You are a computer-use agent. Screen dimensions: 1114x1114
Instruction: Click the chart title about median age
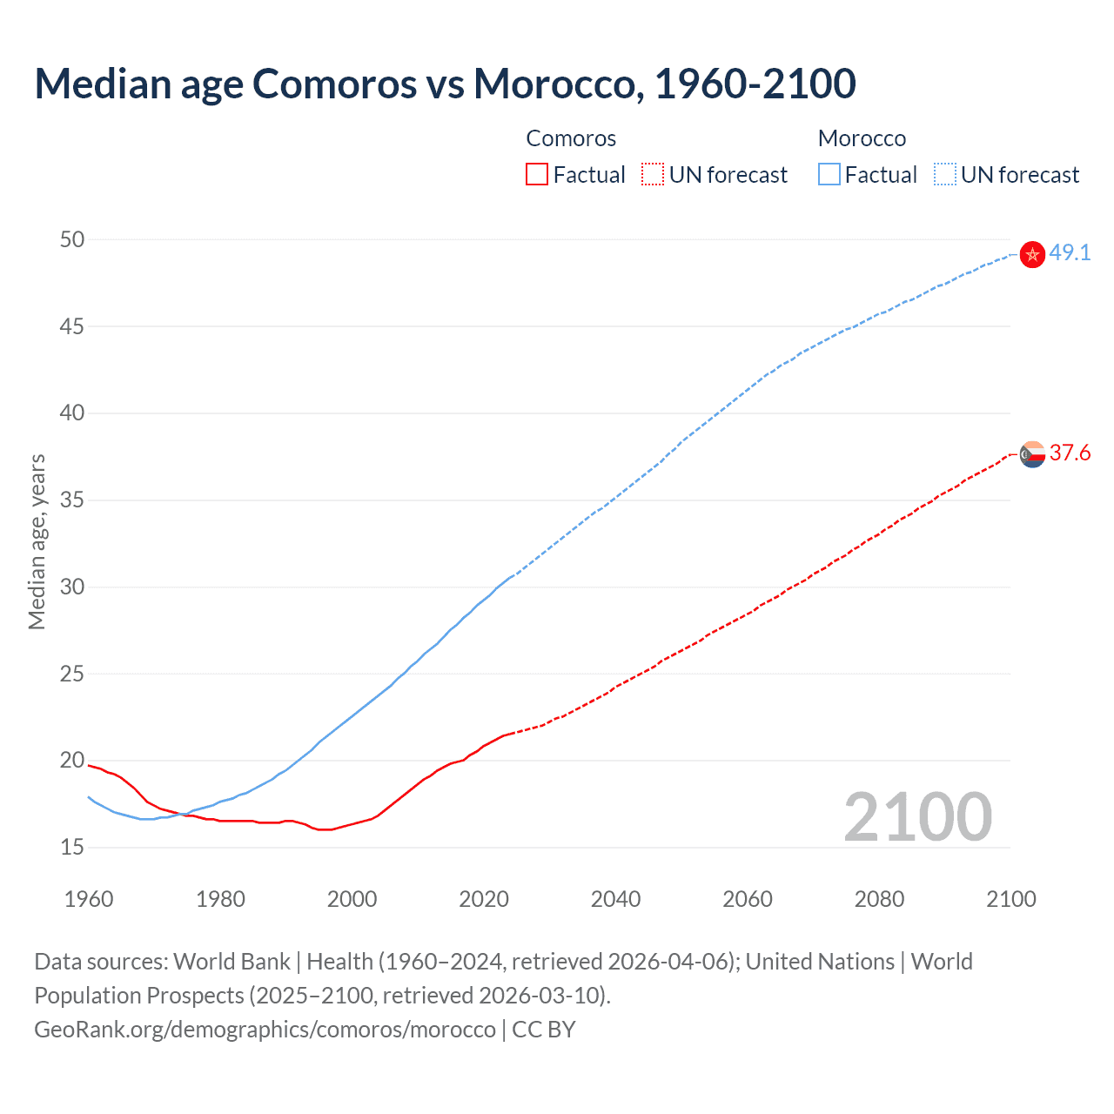click(445, 84)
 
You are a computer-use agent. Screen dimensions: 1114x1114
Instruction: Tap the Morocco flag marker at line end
click(1032, 255)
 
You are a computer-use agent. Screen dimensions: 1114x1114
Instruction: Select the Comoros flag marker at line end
click(1032, 454)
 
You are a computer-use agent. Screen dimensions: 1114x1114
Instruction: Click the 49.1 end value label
click(1070, 253)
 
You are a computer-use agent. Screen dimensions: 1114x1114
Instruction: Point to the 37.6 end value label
click(1070, 453)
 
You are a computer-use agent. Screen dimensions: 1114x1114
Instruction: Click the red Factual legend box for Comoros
click(537, 175)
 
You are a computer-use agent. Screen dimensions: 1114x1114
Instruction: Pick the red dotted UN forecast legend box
click(653, 175)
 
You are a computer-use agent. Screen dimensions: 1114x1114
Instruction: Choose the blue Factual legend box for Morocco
click(829, 175)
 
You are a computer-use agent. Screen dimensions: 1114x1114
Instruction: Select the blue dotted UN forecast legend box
click(944, 175)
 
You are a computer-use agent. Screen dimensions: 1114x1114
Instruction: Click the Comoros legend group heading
click(571, 138)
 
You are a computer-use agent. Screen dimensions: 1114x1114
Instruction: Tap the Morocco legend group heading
click(862, 138)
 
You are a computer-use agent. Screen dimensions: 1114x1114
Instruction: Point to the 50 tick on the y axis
click(72, 239)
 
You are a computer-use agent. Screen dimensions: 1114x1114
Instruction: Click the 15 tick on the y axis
click(72, 847)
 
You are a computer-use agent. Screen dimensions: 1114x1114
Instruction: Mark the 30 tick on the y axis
click(72, 587)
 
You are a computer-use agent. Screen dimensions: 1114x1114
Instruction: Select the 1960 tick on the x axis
click(89, 899)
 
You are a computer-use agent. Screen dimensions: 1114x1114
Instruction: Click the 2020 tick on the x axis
click(484, 899)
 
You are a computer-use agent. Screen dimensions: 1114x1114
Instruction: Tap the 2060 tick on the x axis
click(748, 899)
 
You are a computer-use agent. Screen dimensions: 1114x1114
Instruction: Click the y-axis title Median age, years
click(37, 541)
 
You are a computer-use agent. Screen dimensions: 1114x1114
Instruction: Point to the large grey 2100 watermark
click(917, 816)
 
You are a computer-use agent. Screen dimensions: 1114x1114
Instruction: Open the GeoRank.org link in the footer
click(265, 1030)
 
